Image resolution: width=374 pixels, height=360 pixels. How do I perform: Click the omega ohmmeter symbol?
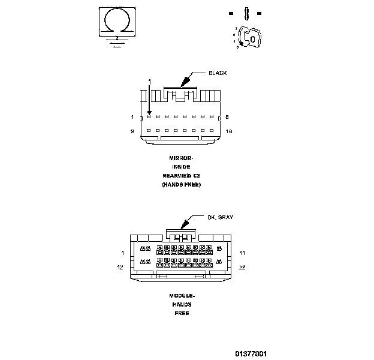(116, 21)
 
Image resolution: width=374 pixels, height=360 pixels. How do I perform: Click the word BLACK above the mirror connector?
(218, 73)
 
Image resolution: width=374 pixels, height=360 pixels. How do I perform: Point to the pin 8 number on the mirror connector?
(227, 117)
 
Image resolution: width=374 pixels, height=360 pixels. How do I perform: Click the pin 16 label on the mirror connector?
(228, 131)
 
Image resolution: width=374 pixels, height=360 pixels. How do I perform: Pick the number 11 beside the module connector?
(242, 253)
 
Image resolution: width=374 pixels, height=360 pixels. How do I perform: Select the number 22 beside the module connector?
(242, 267)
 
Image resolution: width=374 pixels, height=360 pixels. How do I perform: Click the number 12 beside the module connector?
(120, 267)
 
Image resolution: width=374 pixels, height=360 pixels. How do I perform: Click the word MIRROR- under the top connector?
(181, 158)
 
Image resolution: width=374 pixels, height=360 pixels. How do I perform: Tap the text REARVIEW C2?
(181, 176)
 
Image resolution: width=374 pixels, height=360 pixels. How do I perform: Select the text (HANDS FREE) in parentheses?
(181, 185)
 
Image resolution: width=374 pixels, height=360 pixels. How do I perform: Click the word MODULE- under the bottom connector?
(182, 296)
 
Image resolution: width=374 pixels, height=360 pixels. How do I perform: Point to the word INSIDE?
(181, 167)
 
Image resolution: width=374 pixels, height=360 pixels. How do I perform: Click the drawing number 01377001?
(251, 353)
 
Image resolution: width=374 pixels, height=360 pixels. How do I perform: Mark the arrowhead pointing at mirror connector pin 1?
(149, 113)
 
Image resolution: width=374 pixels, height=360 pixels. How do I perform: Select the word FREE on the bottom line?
(182, 313)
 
